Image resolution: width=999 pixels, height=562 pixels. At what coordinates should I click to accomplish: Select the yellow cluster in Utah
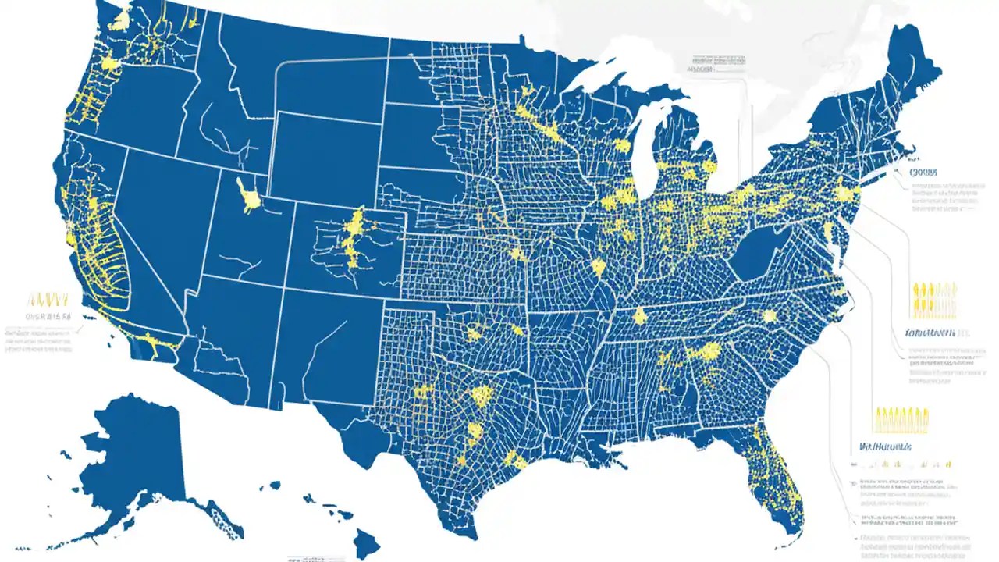click(248, 195)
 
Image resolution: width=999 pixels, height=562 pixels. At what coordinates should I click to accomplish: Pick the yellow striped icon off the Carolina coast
click(933, 300)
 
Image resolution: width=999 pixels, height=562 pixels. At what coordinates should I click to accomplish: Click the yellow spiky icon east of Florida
click(901, 420)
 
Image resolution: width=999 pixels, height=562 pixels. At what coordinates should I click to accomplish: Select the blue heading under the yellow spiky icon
click(886, 447)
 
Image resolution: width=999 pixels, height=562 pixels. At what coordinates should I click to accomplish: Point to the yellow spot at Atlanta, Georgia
click(709, 351)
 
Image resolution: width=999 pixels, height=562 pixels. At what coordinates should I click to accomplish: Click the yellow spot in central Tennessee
click(640, 315)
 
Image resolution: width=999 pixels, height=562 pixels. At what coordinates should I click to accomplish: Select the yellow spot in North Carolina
click(770, 316)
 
